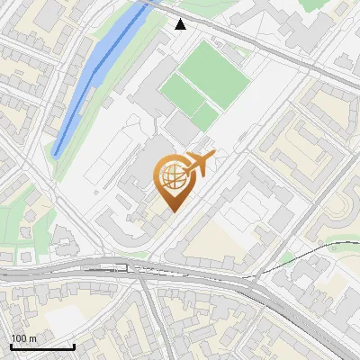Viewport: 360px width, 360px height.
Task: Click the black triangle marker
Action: (181, 24)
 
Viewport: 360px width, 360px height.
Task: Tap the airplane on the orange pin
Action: (199, 163)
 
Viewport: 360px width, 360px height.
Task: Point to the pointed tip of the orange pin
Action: (171, 211)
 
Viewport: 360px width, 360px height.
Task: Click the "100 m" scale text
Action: (22, 338)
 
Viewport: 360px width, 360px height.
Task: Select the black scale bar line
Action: (41, 346)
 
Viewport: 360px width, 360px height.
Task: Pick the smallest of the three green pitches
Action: (206, 115)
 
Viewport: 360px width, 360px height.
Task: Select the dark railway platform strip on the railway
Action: (108, 268)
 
